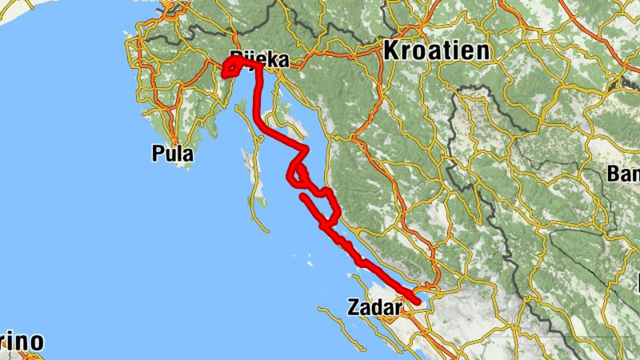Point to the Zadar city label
[x=375, y=306]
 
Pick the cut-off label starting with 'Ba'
[x=624, y=174]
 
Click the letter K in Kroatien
[x=393, y=50]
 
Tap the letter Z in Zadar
[x=354, y=306]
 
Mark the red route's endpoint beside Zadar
[x=417, y=301]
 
